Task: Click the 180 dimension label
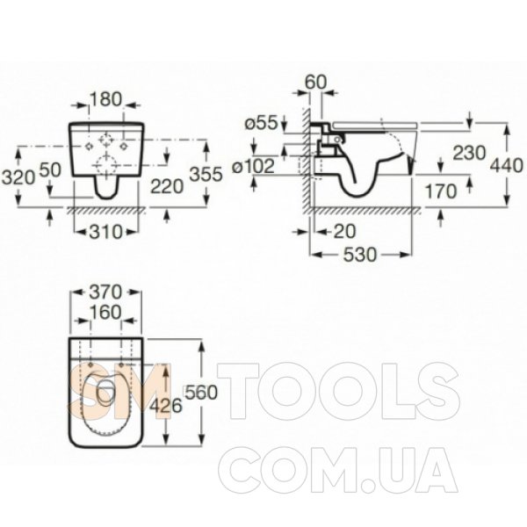click(105, 99)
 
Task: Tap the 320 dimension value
click(18, 177)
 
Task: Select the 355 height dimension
click(206, 174)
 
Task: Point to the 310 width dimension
click(105, 232)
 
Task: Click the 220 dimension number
click(167, 186)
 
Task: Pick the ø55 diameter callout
click(262, 123)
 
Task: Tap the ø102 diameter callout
click(255, 166)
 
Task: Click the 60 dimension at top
click(315, 82)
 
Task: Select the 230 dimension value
click(469, 153)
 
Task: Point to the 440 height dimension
click(507, 166)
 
